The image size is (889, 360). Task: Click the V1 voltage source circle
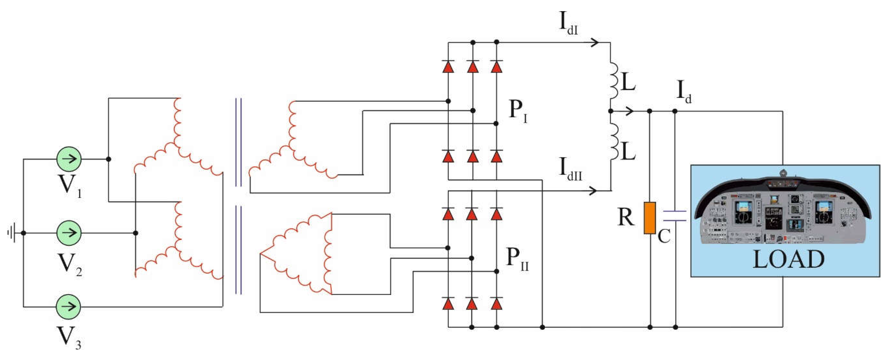click(69, 159)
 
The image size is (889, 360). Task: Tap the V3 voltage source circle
click(69, 306)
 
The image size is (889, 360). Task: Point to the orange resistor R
click(650, 218)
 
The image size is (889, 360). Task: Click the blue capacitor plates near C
click(675, 216)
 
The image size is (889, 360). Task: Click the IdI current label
click(568, 24)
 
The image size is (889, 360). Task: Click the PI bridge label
click(518, 111)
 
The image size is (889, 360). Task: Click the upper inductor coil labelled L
click(614, 80)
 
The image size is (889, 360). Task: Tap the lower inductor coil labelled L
click(614, 142)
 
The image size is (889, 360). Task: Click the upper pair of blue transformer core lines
click(238, 142)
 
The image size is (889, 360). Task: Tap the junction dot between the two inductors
click(610, 111)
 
